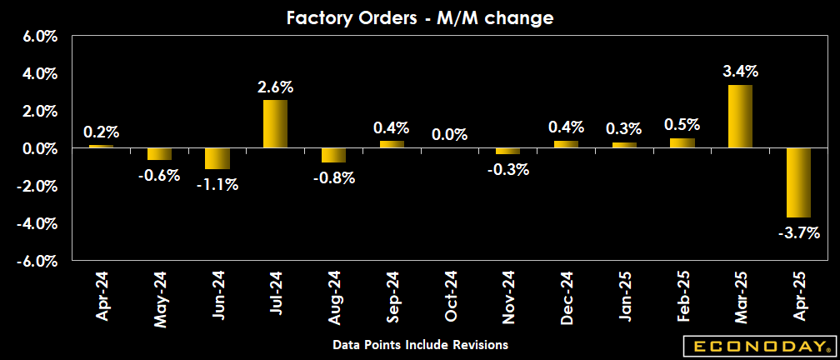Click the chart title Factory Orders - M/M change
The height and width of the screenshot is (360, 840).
click(419, 17)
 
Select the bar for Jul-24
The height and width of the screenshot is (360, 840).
click(275, 124)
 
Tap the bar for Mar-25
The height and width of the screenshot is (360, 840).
click(740, 117)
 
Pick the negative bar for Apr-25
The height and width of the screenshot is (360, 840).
click(798, 182)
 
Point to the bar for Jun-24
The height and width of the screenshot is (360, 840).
click(217, 158)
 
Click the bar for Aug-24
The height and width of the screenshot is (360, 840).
click(333, 155)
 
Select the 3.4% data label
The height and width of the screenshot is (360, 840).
click(740, 72)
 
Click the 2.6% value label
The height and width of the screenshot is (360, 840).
click(275, 87)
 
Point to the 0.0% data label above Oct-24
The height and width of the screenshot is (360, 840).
click(450, 134)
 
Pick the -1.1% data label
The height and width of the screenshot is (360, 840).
click(217, 184)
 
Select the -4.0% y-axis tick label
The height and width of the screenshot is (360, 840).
click(37, 223)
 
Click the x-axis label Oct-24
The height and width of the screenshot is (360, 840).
click(451, 297)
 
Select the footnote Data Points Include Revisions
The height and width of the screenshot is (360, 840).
click(420, 344)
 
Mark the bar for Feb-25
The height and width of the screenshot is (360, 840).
click(682, 143)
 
